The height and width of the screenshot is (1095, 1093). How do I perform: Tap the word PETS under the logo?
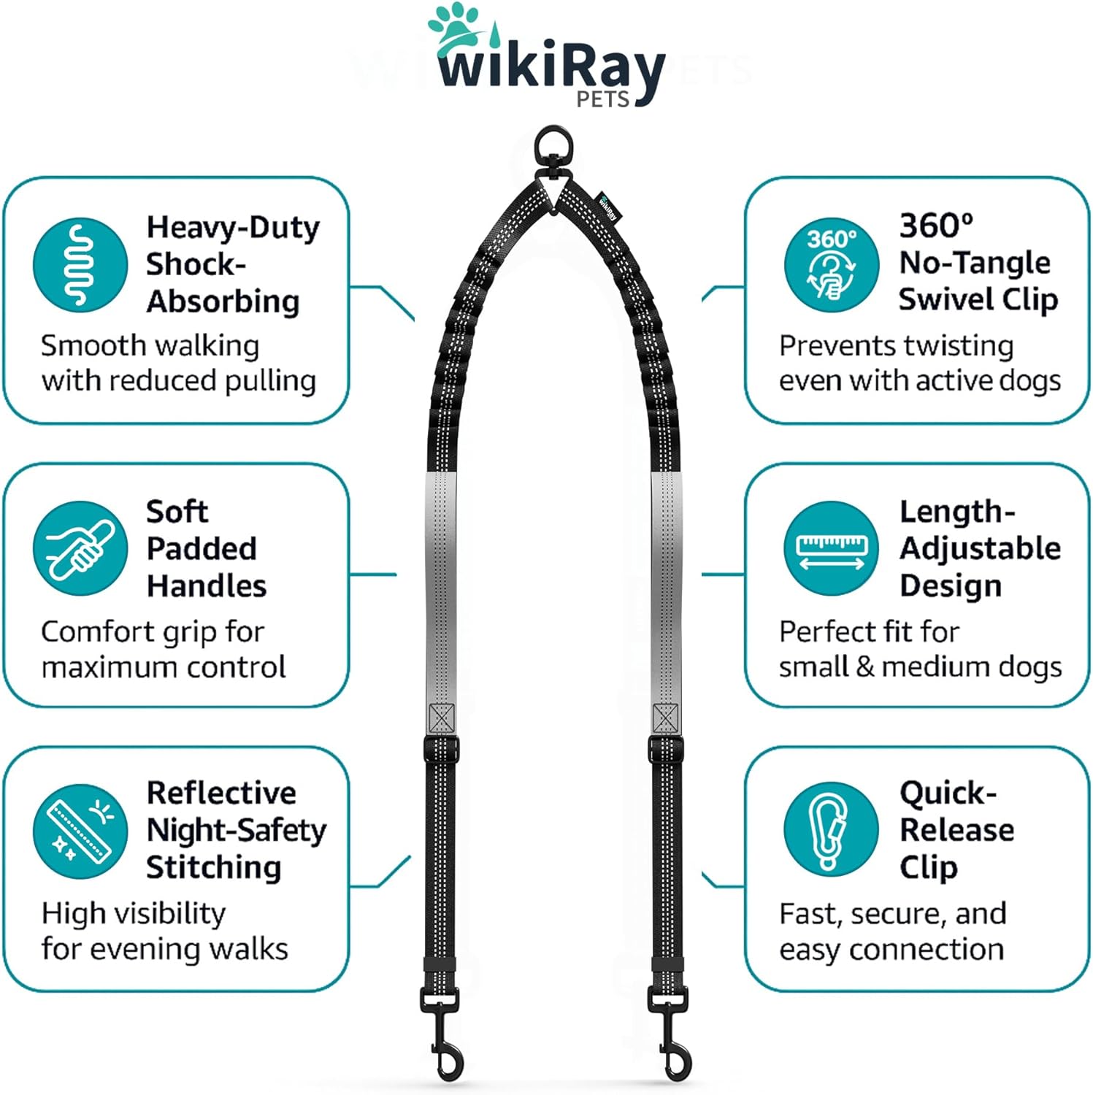pyautogui.click(x=603, y=99)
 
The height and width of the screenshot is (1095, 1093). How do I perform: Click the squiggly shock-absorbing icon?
pyautogui.click(x=80, y=264)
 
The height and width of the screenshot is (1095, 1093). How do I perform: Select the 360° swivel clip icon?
pyautogui.click(x=831, y=264)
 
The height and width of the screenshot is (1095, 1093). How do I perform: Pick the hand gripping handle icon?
pyautogui.click(x=80, y=547)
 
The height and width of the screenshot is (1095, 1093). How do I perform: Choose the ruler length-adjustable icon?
pyautogui.click(x=831, y=549)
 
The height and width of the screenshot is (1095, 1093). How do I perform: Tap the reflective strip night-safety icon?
pyautogui.click(x=80, y=831)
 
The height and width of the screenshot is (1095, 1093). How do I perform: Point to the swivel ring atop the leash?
pyautogui.click(x=553, y=148)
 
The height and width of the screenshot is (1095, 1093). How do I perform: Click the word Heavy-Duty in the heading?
pyautogui.click(x=233, y=227)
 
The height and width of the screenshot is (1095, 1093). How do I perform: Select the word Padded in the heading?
pyautogui.click(x=202, y=549)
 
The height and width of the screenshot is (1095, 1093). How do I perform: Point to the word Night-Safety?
pyautogui.click(x=237, y=830)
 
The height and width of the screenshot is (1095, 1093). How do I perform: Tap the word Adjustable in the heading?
pyautogui.click(x=980, y=549)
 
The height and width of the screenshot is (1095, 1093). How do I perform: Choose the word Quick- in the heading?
pyautogui.click(x=948, y=793)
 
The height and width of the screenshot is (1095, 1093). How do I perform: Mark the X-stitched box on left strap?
pyautogui.click(x=442, y=718)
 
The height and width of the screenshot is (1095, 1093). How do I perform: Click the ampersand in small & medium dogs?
pyautogui.click(x=864, y=666)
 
